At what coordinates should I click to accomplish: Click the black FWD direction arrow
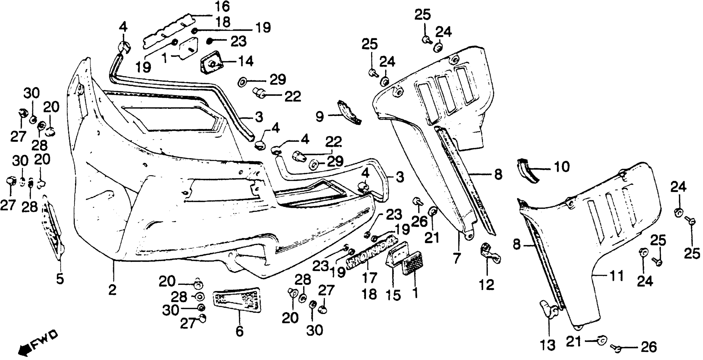pyautogui.click(x=24, y=350)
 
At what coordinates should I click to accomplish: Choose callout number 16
pyautogui.click(x=222, y=7)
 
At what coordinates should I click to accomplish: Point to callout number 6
pyautogui.click(x=239, y=331)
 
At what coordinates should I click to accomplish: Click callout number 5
pyautogui.click(x=60, y=279)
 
